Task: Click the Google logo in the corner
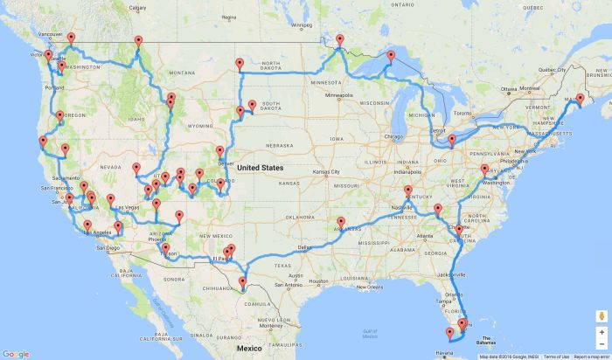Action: [x=16, y=353]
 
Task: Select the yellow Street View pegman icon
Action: [x=602, y=315]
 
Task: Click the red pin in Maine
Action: [x=580, y=100]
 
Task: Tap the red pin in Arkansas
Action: [x=341, y=223]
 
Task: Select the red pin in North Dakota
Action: [x=239, y=64]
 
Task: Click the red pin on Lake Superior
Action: [x=391, y=58]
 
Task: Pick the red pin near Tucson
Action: [x=165, y=249]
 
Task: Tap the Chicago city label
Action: [x=392, y=136]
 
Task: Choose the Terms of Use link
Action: [x=553, y=356]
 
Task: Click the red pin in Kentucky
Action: [x=407, y=191]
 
